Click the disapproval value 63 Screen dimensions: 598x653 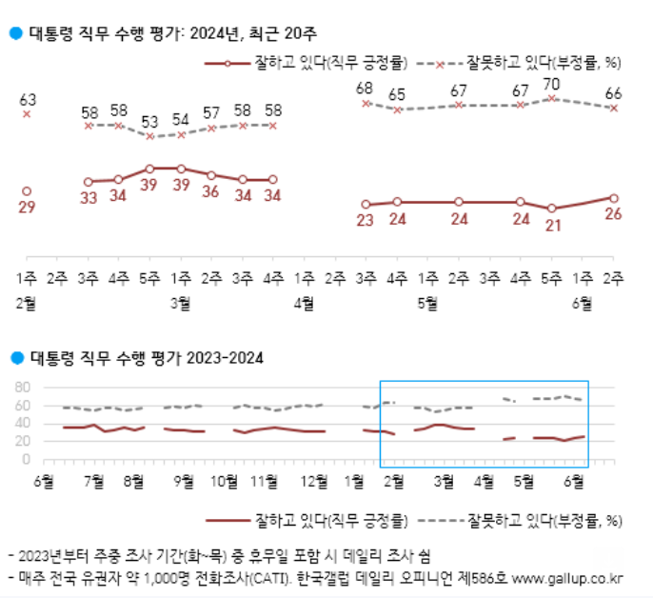coord(27,99)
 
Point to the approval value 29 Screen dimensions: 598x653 coord(27,208)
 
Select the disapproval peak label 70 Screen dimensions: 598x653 coord(550,83)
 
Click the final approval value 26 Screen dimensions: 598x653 coord(613,214)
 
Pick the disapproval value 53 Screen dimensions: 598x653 coord(149,121)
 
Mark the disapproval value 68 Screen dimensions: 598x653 coord(365,89)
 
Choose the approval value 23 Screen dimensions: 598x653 coord(365,221)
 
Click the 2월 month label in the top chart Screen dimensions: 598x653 coord(27,304)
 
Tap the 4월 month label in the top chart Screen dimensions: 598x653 coord(304,304)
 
